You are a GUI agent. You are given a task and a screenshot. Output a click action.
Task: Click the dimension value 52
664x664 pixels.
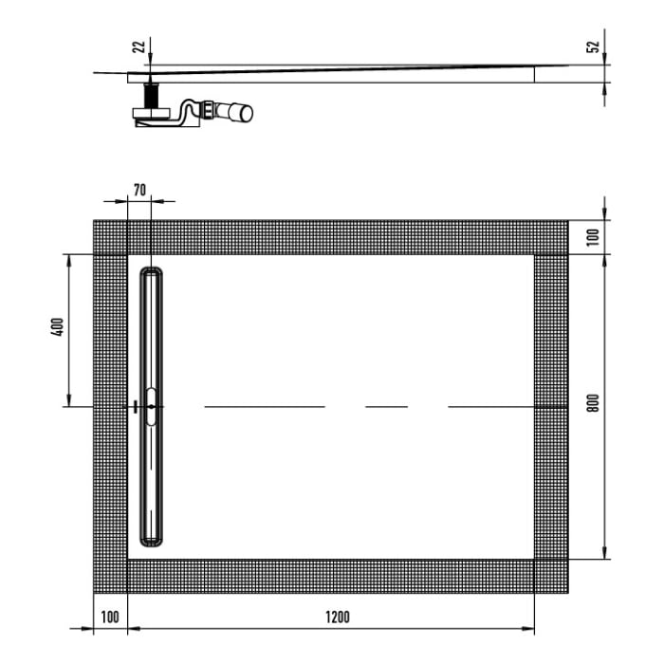click(595, 47)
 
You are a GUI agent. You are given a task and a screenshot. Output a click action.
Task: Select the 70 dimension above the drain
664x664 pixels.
click(139, 190)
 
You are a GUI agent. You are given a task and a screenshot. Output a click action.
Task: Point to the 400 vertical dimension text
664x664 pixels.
click(57, 329)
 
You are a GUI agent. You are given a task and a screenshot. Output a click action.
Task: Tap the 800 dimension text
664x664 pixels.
click(595, 403)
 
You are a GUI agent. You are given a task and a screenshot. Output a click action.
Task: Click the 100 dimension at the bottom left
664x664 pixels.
click(109, 618)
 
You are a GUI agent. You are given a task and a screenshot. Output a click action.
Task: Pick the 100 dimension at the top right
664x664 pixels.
click(595, 236)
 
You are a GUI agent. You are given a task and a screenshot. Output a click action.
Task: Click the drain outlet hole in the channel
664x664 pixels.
click(152, 406)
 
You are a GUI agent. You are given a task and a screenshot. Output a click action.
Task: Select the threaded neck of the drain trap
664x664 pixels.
click(150, 96)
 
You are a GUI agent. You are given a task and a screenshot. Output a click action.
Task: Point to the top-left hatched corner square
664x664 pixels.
click(110, 237)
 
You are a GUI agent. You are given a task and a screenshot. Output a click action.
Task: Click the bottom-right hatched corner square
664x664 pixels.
click(550, 575)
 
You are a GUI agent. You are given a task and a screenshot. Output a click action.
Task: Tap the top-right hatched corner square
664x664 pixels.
click(550, 237)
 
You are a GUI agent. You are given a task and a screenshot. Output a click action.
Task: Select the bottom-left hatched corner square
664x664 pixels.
click(110, 575)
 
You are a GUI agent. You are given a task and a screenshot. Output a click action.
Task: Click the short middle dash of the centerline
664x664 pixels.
click(386, 406)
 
